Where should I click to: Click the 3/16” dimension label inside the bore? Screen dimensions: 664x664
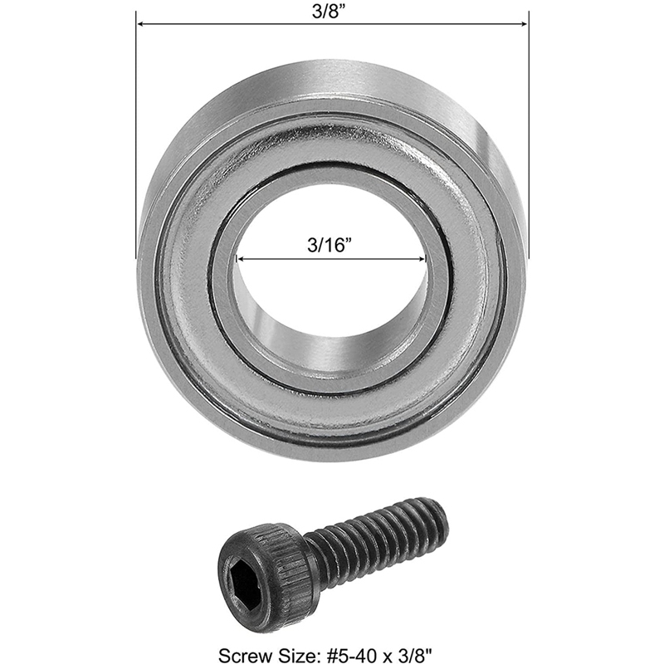[331, 245]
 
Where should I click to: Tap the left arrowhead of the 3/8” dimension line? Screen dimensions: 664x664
[141, 24]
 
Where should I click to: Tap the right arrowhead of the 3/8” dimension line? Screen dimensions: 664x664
[523, 24]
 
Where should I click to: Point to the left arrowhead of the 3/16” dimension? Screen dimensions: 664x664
[241, 259]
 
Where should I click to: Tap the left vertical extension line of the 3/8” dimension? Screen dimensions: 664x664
[136, 124]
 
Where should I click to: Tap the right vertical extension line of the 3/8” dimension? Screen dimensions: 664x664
[528, 124]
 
